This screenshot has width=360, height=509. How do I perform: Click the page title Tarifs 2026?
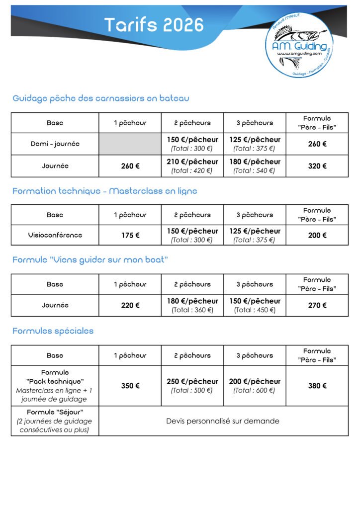tap(154, 24)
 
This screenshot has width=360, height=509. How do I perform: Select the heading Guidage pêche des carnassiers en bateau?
tap(101, 98)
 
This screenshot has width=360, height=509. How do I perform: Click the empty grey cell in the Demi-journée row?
tap(130, 144)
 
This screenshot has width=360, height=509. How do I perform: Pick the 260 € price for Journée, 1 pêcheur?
tap(130, 166)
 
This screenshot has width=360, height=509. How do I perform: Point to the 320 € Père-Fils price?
tap(317, 166)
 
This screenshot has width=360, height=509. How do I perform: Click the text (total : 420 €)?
tap(192, 170)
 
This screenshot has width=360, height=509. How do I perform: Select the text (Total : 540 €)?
tap(254, 170)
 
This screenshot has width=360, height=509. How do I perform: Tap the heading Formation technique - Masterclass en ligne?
tap(105, 191)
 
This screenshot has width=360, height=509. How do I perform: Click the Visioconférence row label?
tap(55, 235)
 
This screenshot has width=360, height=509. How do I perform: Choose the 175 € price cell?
tap(130, 235)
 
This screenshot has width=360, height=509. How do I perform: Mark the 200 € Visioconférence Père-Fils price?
tap(317, 235)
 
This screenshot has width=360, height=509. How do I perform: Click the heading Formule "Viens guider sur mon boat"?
tap(90, 260)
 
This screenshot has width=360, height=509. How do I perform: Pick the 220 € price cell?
tap(130, 305)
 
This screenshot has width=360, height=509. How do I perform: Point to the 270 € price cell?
tap(317, 305)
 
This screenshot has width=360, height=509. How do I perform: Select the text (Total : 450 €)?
tap(254, 310)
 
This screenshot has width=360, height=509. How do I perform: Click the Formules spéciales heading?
tap(53, 331)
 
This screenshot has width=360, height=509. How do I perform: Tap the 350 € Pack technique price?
tap(130, 386)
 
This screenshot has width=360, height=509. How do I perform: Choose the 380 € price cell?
tap(317, 386)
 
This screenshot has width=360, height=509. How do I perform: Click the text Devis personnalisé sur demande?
tap(223, 421)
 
